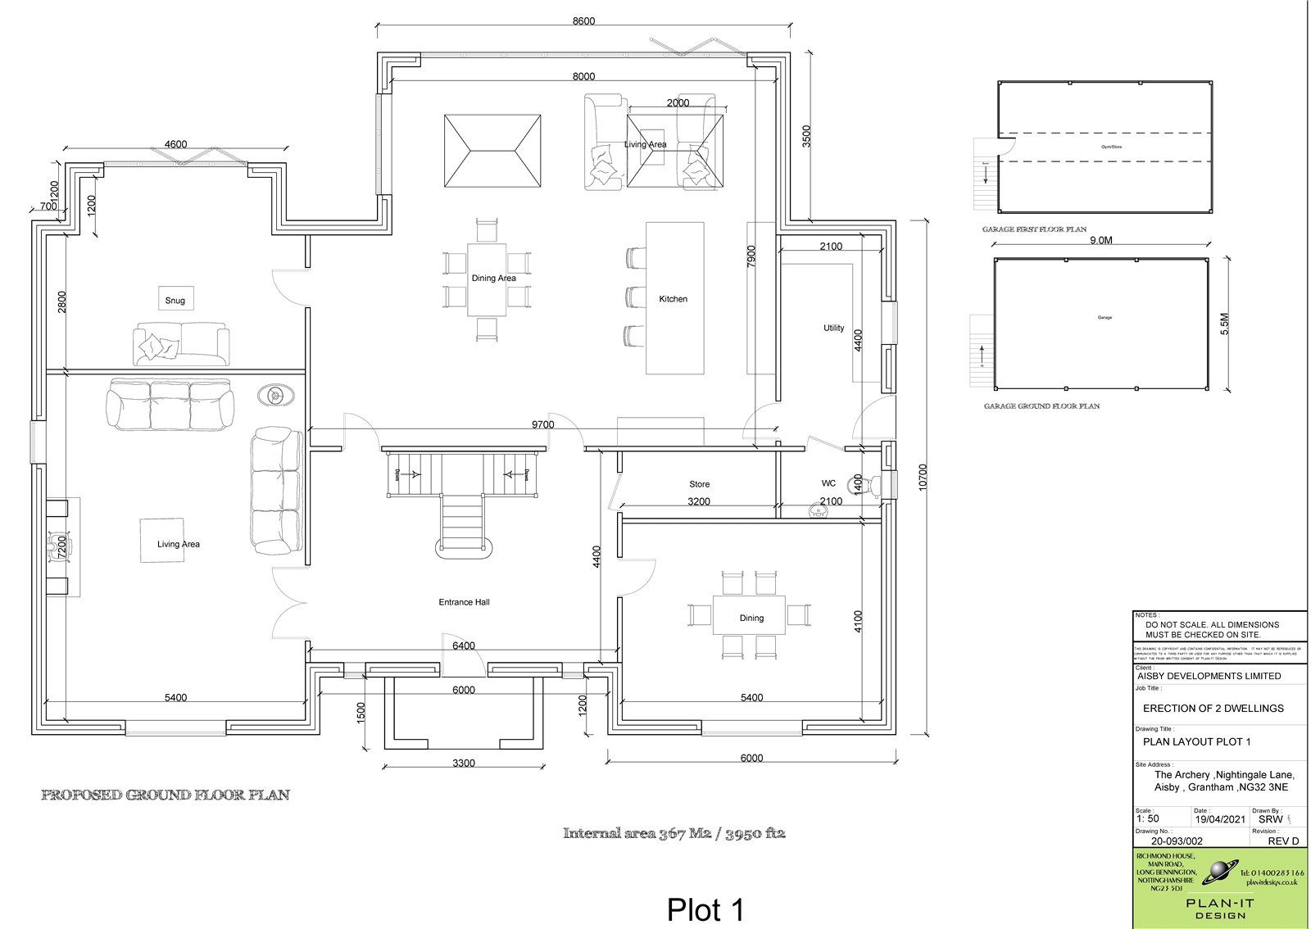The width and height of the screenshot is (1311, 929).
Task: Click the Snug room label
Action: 175,301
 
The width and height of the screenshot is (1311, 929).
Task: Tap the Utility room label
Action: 833,328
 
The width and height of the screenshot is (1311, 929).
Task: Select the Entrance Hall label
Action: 464,602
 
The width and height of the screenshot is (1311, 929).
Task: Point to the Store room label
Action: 699,484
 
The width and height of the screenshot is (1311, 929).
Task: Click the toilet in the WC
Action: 875,486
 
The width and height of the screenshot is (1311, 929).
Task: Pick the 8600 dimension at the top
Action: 583,21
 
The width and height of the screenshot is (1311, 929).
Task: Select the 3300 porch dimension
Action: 464,764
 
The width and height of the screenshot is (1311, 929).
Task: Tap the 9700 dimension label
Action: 542,424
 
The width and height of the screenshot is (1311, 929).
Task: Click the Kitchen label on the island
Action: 674,299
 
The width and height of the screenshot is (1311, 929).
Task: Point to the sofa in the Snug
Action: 182,343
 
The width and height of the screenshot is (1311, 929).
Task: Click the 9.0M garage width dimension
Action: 1100,242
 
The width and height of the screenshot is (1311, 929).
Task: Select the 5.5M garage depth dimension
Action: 1225,325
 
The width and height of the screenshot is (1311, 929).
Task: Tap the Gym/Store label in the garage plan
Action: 1104,147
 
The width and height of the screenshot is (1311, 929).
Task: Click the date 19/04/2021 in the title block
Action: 1220,818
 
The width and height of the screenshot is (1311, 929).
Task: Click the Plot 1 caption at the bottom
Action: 705,909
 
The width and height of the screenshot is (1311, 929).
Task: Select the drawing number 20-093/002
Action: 1177,841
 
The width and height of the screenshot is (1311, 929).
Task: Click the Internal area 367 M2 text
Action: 674,834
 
